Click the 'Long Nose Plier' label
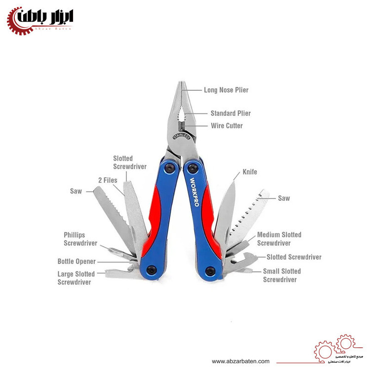[x=226, y=90]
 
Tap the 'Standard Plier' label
[x=230, y=113]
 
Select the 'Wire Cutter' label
[x=226, y=126]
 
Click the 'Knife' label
[x=250, y=172]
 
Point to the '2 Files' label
[x=107, y=180]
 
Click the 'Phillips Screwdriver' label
[x=80, y=239]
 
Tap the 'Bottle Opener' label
[x=76, y=261]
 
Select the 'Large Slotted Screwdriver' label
[x=74, y=278]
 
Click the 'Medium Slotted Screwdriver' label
[x=279, y=239]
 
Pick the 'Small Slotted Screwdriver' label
[x=282, y=275]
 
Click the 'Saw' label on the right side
[x=284, y=198]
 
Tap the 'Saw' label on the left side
[x=76, y=190]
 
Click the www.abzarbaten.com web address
[x=241, y=361]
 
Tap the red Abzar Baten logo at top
[x=39, y=20]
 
